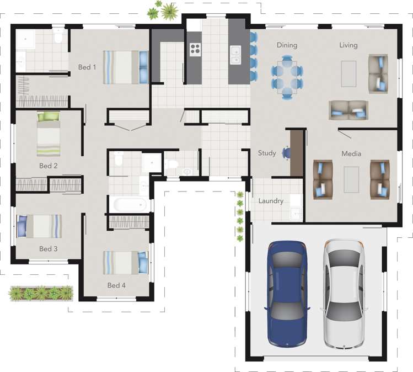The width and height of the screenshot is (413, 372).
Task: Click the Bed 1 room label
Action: pyautogui.click(x=87, y=67)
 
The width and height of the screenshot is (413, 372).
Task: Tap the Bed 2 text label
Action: pyautogui.click(x=49, y=166)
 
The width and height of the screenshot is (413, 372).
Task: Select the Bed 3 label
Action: pyautogui.click(x=49, y=249)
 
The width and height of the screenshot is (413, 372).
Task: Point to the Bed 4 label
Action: pyautogui.click(x=116, y=285)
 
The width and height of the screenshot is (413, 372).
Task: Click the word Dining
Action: pyautogui.click(x=287, y=45)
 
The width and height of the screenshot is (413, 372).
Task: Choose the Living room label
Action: pyautogui.click(x=348, y=45)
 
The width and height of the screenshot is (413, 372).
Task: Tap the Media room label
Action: pyautogui.click(x=351, y=153)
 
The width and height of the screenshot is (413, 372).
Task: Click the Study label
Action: pyautogui.click(x=267, y=153)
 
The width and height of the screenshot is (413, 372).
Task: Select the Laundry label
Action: pyautogui.click(x=271, y=201)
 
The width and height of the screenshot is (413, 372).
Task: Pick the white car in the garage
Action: pyautogui.click(x=344, y=294)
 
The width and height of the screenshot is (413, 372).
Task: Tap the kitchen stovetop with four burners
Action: pyautogui.click(x=195, y=49)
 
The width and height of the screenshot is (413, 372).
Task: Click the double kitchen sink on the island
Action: pyautogui.click(x=235, y=54)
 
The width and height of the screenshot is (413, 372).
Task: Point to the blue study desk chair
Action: pyautogui.click(x=286, y=152)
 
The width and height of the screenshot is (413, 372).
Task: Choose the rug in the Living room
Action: pyautogui.click(x=348, y=73)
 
